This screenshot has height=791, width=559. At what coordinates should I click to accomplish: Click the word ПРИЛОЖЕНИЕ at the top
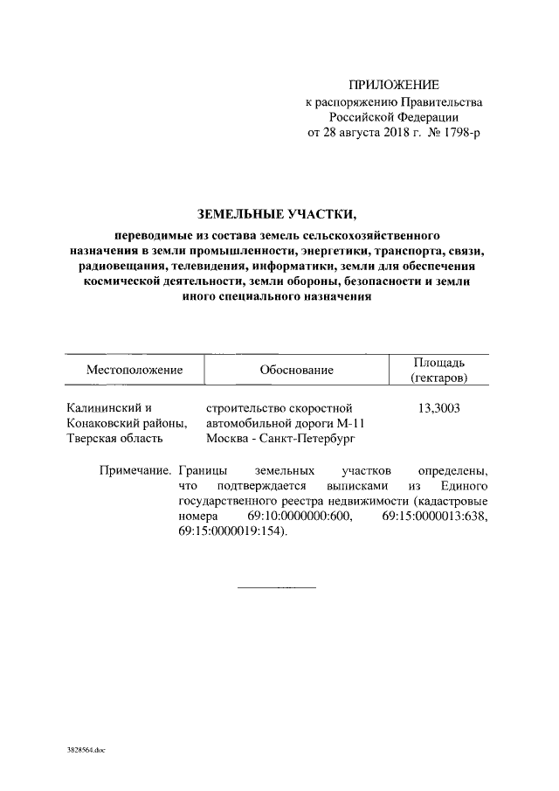click(393, 85)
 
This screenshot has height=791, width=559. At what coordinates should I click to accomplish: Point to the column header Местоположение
click(134, 370)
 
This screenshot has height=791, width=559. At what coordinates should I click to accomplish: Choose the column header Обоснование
click(296, 370)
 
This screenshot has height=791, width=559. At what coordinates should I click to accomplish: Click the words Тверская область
click(115, 438)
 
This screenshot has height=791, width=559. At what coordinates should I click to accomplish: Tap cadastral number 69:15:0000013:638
click(435, 517)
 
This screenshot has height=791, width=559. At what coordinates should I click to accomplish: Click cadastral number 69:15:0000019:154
click(230, 531)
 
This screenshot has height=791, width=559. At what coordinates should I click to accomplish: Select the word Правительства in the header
click(437, 101)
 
